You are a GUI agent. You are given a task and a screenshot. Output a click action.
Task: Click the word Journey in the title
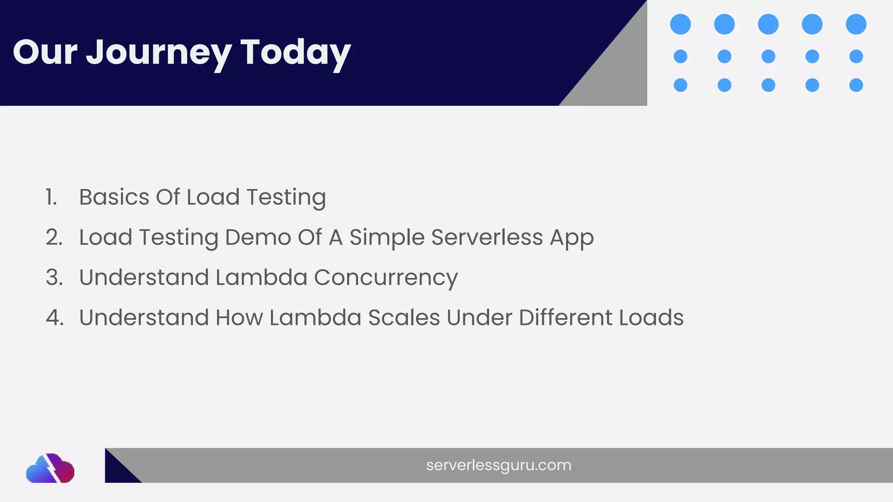pos(159,53)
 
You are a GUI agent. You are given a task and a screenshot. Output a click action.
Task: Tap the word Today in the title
pos(295,53)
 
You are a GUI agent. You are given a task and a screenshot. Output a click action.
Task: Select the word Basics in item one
pos(114,197)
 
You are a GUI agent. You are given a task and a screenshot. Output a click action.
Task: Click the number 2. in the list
pos(54,237)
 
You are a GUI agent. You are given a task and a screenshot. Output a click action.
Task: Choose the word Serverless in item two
pos(487,237)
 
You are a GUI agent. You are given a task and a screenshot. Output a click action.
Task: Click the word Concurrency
pos(386,278)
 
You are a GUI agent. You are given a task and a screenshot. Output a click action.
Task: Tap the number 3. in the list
pos(54,278)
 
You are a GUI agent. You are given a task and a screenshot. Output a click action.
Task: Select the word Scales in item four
pos(404,318)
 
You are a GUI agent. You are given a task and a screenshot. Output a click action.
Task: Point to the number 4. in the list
pos(55,318)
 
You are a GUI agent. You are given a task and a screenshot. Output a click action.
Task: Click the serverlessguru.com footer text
pos(498,465)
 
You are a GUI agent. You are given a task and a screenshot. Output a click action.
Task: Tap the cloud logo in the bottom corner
pos(50,469)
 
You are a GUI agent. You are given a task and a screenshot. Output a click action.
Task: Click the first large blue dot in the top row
pos(680,24)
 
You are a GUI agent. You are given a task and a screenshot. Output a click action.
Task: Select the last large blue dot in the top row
pos(856,24)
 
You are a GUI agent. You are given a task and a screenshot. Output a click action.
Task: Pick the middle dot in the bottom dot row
pos(768,85)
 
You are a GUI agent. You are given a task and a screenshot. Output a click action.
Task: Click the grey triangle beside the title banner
pos(619,74)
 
